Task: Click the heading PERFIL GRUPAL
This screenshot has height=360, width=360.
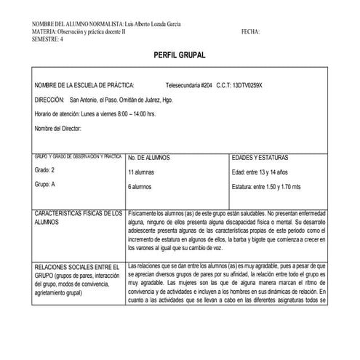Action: (180, 55)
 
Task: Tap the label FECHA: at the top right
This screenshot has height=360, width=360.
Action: (250, 32)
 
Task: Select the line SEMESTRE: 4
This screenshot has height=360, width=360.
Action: (48, 39)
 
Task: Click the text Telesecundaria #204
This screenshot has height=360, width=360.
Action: (189, 85)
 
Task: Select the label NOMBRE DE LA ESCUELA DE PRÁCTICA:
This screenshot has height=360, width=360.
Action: (84, 85)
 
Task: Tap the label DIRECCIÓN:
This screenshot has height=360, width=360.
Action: (49, 100)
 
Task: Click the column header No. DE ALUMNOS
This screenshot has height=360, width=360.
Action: (149, 157)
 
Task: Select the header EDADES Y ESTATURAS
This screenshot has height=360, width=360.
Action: (260, 157)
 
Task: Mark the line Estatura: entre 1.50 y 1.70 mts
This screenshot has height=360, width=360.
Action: (270, 187)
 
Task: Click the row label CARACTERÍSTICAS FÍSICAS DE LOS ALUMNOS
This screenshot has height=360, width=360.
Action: (78, 218)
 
